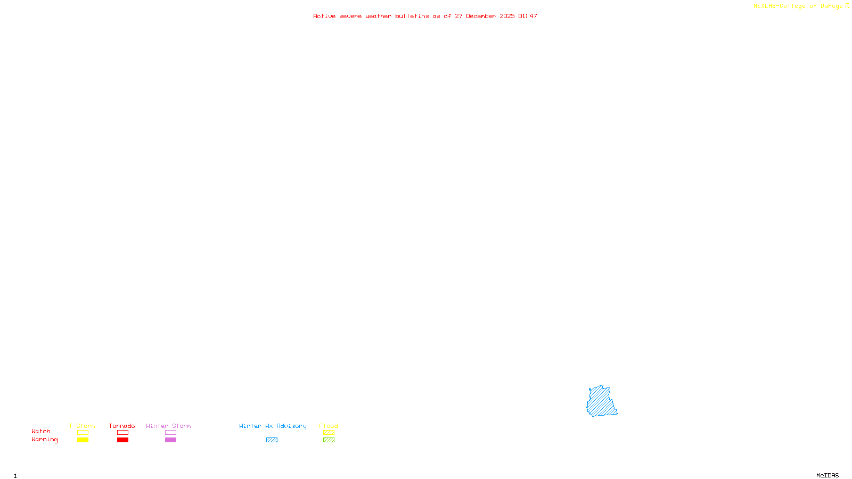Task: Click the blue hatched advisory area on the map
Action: (601, 402)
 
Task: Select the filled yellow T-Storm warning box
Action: (83, 440)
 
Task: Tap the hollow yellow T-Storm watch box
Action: (83, 433)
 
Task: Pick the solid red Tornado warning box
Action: (122, 440)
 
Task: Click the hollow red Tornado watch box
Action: (122, 433)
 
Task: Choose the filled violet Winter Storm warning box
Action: (170, 440)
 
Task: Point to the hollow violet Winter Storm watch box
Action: (170, 433)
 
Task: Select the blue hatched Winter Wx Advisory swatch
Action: (272, 440)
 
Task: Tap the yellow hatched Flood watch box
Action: (329, 433)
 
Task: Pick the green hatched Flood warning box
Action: (329, 440)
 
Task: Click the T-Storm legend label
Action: (82, 426)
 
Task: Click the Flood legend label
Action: (329, 426)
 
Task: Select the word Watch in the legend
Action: (41, 432)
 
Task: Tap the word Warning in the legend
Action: (45, 440)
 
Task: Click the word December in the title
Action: (481, 16)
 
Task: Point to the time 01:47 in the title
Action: (528, 16)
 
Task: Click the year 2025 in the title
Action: (507, 16)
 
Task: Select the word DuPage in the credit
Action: (831, 6)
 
